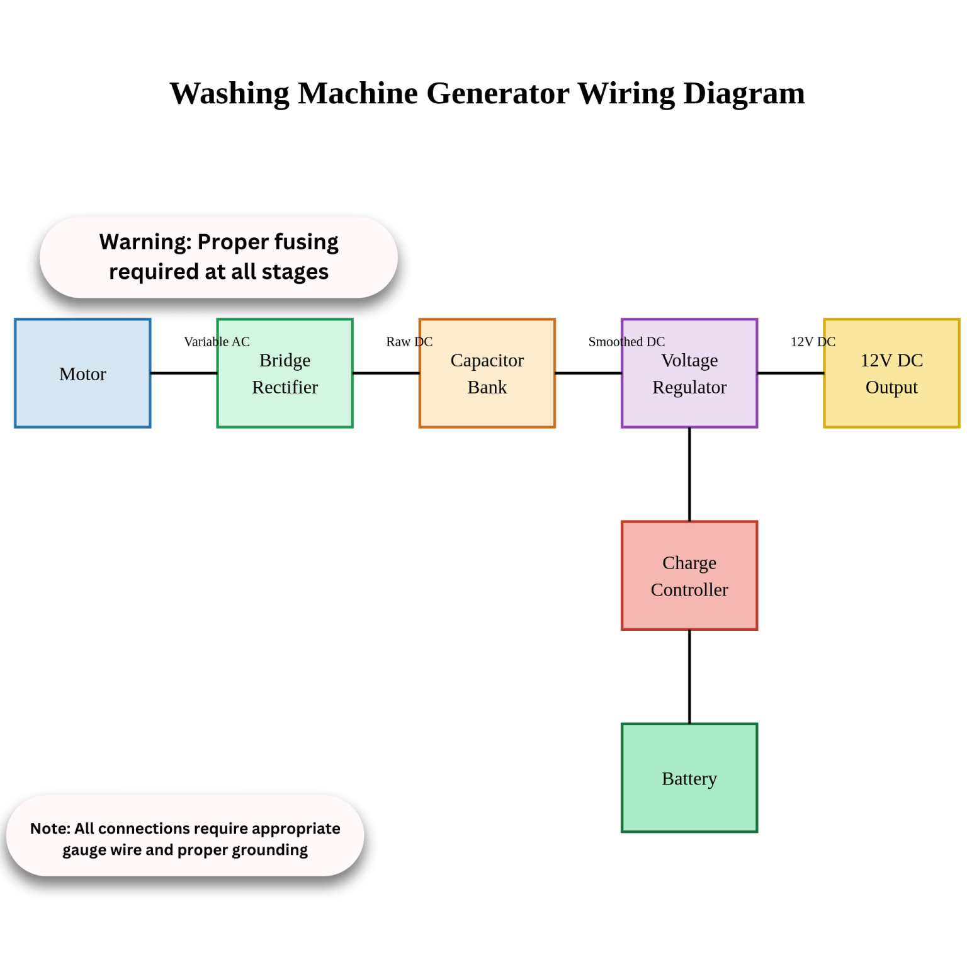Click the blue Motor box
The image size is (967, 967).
[x=82, y=373]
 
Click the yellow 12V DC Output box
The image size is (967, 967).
[x=891, y=373]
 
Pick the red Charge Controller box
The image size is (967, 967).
[x=689, y=575]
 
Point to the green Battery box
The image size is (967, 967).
[x=689, y=778]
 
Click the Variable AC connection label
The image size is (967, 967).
[x=217, y=342]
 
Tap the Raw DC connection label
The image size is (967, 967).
[x=409, y=342]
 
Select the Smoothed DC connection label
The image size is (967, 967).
[x=626, y=342]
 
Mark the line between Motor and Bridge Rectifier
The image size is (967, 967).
[x=184, y=373]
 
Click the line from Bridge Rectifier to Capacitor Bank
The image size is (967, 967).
[x=386, y=373]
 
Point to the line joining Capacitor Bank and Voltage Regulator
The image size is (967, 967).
[x=588, y=373]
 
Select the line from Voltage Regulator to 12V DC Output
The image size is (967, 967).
[x=791, y=373]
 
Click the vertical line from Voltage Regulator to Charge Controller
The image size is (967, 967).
[x=689, y=474]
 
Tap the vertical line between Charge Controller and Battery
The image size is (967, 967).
[x=689, y=676]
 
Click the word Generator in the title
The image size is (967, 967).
[x=497, y=94]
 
